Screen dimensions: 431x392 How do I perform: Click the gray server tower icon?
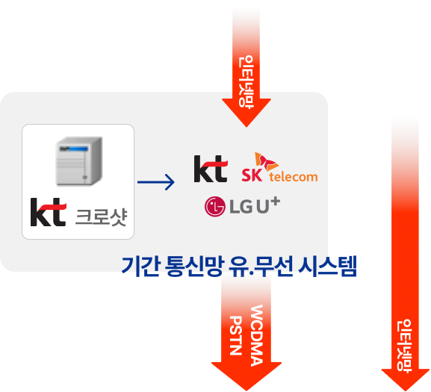click(79, 161)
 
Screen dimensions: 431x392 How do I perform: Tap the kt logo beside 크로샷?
click(48, 212)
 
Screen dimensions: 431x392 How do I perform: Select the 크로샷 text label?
click(101, 217)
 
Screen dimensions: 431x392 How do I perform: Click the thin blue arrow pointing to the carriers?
click(156, 182)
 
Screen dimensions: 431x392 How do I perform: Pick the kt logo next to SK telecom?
click(211, 169)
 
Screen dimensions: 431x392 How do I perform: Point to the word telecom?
click(294, 177)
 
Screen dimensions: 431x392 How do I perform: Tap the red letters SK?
click(252, 175)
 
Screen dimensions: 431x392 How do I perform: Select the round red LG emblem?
click(215, 207)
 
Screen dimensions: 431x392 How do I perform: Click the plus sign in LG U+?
click(275, 202)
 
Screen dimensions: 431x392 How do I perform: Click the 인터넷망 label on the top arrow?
click(246, 82)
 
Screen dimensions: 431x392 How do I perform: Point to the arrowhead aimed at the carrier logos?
click(246, 113)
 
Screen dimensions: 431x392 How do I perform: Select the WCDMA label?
click(257, 335)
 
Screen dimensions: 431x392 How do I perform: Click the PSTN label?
click(235, 335)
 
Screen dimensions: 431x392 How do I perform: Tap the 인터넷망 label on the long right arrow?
click(404, 346)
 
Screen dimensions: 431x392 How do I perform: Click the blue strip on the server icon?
click(74, 149)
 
